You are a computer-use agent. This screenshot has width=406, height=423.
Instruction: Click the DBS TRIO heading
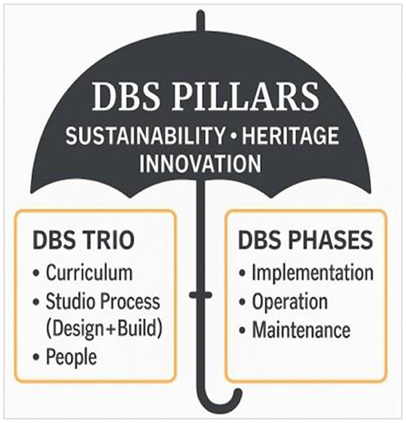(x=83, y=241)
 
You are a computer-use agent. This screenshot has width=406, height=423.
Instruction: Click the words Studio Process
(x=103, y=302)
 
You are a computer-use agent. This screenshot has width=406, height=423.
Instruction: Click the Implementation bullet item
(x=312, y=272)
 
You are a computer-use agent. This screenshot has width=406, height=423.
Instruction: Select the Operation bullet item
(x=290, y=302)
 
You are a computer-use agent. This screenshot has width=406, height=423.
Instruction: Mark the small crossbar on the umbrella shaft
(x=202, y=296)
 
